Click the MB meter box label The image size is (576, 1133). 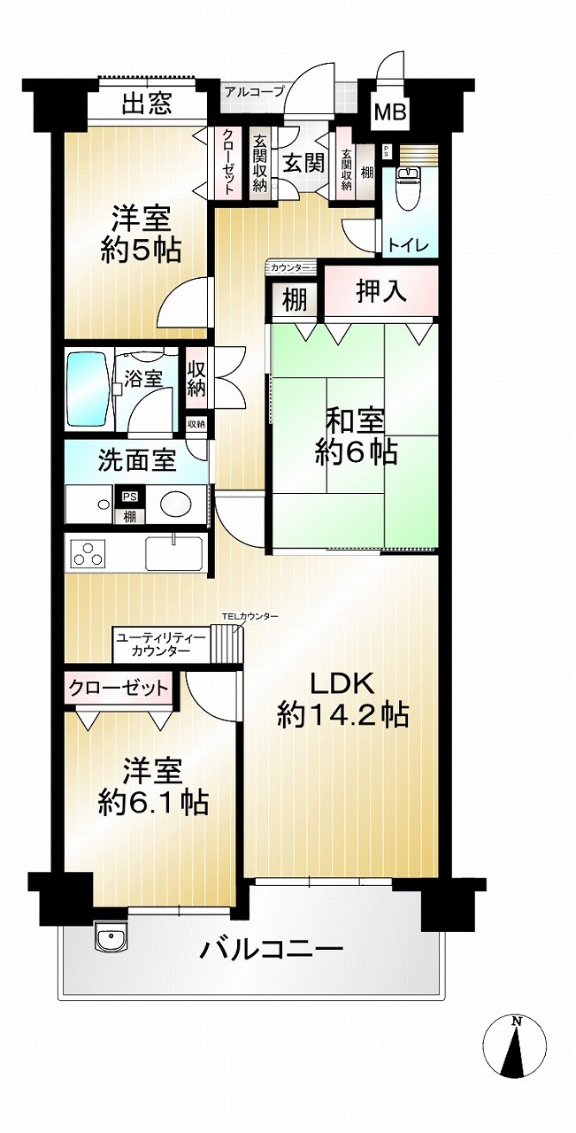click(390, 112)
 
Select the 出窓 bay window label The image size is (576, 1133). click(147, 103)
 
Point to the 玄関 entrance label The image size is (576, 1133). click(303, 163)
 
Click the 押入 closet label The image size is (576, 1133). click(381, 291)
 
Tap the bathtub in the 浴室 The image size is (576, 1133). click(88, 389)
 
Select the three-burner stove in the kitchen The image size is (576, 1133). click(89, 553)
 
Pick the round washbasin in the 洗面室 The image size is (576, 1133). click(176, 504)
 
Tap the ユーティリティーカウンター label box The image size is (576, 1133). click(161, 644)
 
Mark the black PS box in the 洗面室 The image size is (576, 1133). click(130, 497)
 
